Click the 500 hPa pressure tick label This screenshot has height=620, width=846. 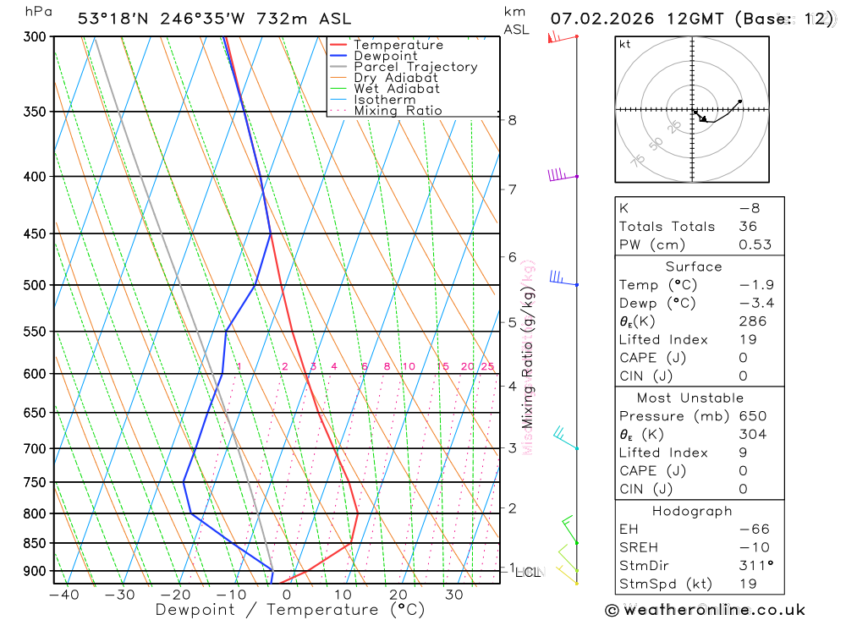pyautogui.click(x=35, y=285)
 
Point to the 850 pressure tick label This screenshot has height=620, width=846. pyautogui.click(x=35, y=543)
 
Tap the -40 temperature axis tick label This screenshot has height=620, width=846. pyautogui.click(x=64, y=595)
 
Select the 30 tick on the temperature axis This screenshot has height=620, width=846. pyautogui.click(x=454, y=595)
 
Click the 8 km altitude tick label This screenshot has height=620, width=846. pyautogui.click(x=513, y=120)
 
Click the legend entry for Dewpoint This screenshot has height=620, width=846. pyautogui.click(x=386, y=56)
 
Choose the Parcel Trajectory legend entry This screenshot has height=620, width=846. pyautogui.click(x=415, y=67)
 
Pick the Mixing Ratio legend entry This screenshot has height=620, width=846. pyautogui.click(x=398, y=111)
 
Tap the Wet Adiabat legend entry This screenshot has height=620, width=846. pyautogui.click(x=397, y=89)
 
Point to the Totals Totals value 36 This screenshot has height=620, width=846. pyautogui.click(x=748, y=227)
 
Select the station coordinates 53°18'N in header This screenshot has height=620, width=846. pyautogui.click(x=113, y=18)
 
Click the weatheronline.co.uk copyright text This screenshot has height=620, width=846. pyautogui.click(x=705, y=610)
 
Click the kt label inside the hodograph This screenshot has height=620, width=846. pyautogui.click(x=625, y=44)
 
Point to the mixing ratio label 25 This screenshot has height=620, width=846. pyautogui.click(x=487, y=366)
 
